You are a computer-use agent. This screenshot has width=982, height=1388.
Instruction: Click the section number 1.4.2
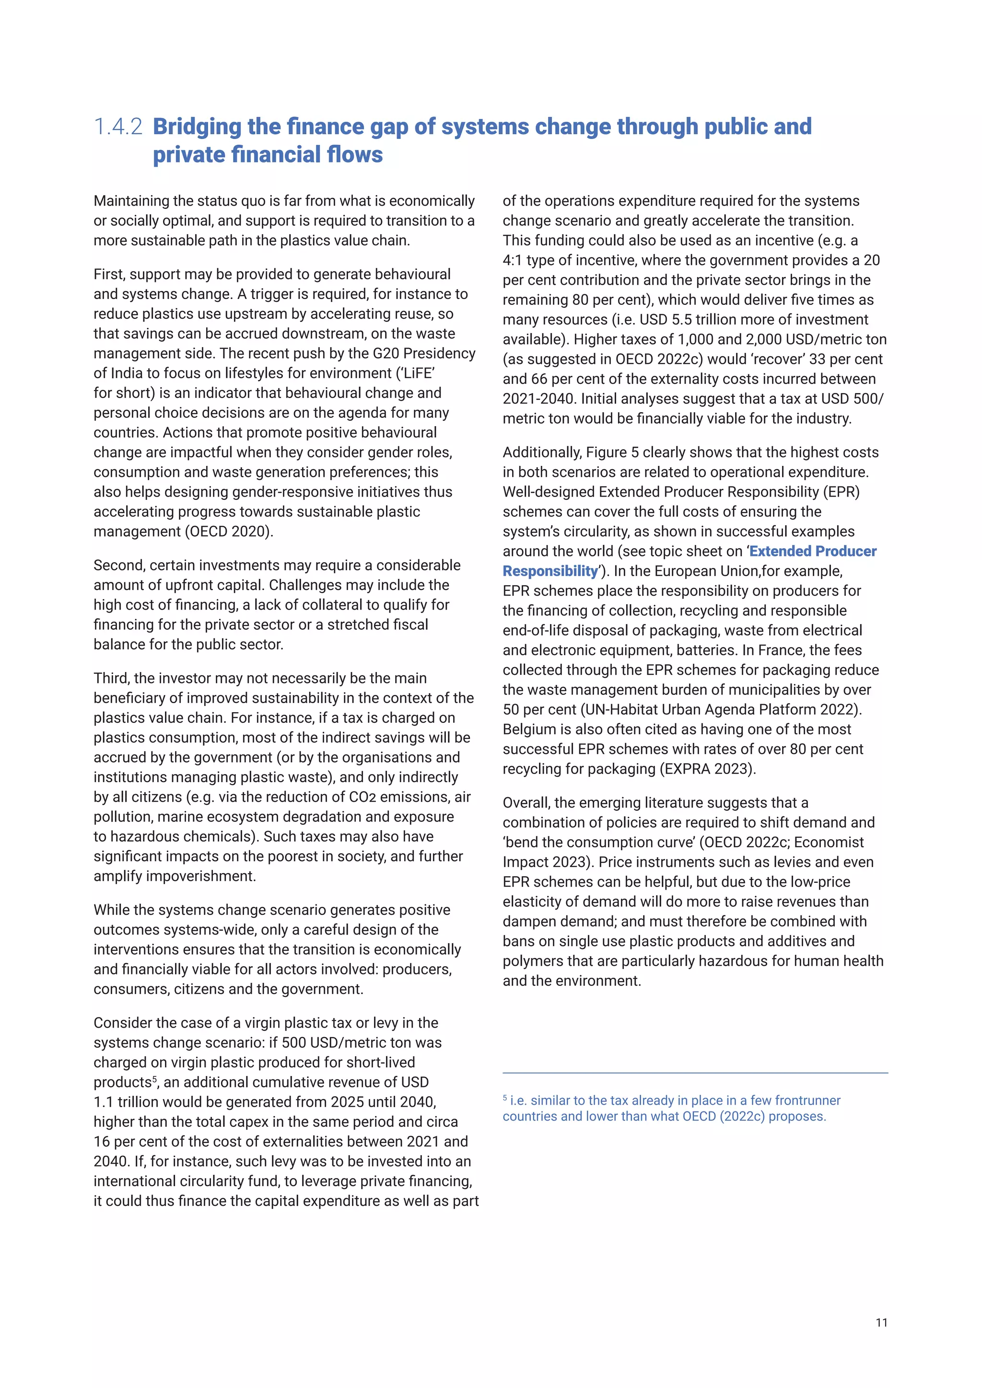[118, 127]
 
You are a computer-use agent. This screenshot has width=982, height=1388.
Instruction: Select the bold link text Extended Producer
[812, 551]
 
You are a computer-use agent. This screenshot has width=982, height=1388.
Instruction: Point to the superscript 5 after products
[154, 1079]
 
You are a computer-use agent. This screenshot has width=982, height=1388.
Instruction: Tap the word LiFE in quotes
[418, 373]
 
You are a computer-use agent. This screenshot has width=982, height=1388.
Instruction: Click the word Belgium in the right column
[526, 729]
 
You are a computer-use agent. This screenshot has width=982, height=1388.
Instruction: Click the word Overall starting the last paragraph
[526, 803]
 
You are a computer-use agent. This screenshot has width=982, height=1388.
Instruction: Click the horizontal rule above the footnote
[695, 1073]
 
